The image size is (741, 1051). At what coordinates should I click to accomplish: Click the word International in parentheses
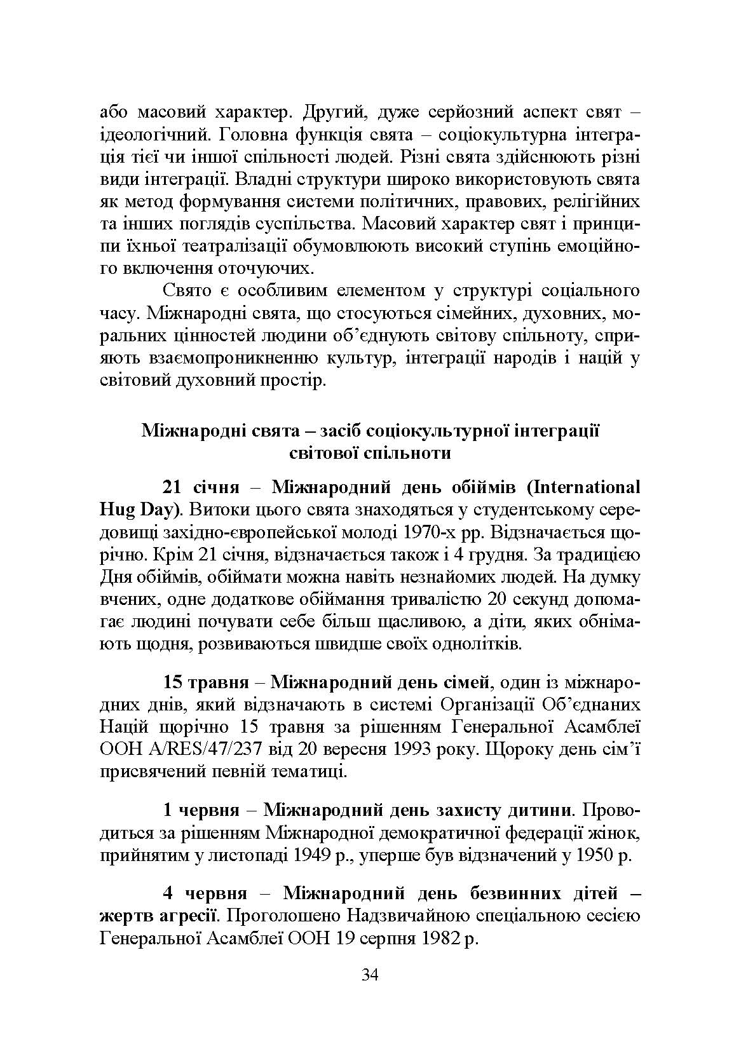588,487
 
